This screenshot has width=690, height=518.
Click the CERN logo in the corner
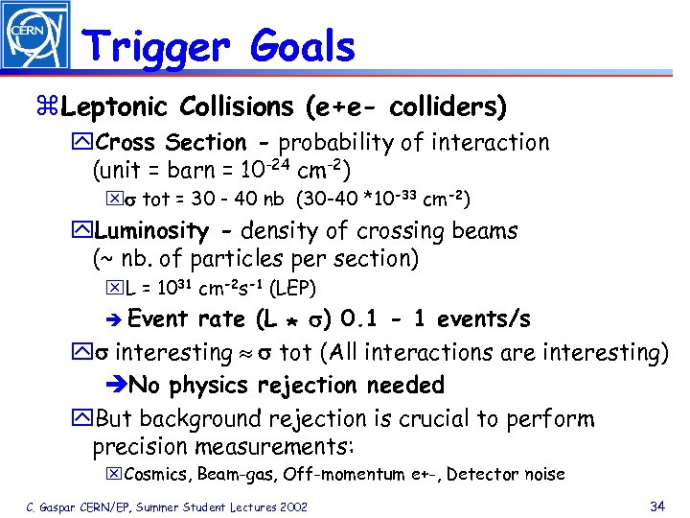34,35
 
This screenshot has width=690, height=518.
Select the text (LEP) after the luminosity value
292,288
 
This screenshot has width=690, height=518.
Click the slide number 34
656,505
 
